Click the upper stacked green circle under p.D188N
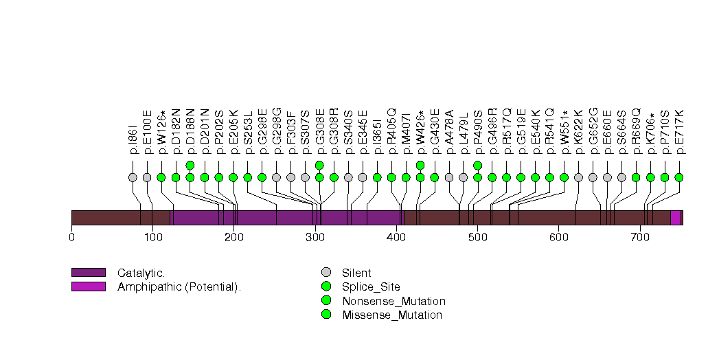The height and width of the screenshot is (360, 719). click(190, 165)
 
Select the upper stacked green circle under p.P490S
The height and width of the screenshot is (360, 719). click(478, 165)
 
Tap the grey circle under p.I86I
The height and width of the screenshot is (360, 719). click(133, 177)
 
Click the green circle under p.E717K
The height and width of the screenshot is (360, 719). click(679, 177)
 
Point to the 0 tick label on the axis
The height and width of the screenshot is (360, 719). click(71, 238)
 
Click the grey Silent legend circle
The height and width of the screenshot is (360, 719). click(326, 272)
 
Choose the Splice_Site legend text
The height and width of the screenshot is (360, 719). click(371, 286)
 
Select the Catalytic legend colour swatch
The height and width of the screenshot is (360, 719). click(88, 272)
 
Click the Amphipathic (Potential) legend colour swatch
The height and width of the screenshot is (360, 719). click(88, 286)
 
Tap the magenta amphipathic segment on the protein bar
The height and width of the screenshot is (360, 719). click(675, 218)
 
